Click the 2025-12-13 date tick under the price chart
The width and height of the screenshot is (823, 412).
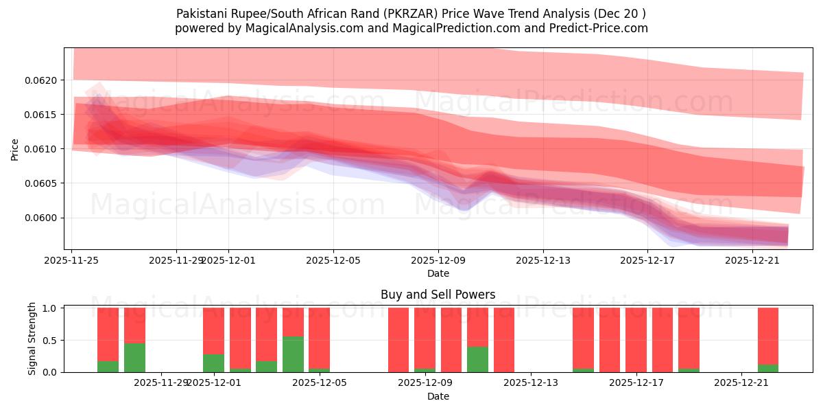point(542,260)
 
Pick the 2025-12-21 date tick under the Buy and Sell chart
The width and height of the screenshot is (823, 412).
point(742,382)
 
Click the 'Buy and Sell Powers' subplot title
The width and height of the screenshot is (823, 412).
point(438,295)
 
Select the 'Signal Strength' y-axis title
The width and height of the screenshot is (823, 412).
point(32,339)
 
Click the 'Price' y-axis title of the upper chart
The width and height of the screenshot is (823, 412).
point(15,149)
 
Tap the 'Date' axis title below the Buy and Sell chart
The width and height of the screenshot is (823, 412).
point(438,396)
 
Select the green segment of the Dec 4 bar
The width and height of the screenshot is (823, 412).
point(293,354)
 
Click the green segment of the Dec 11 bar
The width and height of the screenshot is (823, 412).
point(477,359)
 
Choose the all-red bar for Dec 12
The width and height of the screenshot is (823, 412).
point(504,340)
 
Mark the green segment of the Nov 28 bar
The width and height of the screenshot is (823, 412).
point(134,357)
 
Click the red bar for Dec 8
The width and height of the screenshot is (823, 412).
point(398,340)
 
